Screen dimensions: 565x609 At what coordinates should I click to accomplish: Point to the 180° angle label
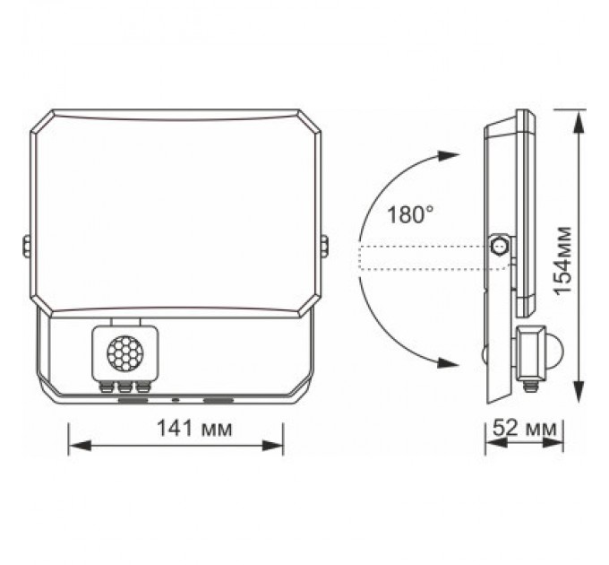[x=411, y=214]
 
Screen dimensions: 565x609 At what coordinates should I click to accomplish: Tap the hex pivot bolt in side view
[x=500, y=245]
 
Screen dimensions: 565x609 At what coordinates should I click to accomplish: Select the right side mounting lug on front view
[x=324, y=244]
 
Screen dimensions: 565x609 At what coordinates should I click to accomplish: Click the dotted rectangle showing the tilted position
[x=421, y=256]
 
